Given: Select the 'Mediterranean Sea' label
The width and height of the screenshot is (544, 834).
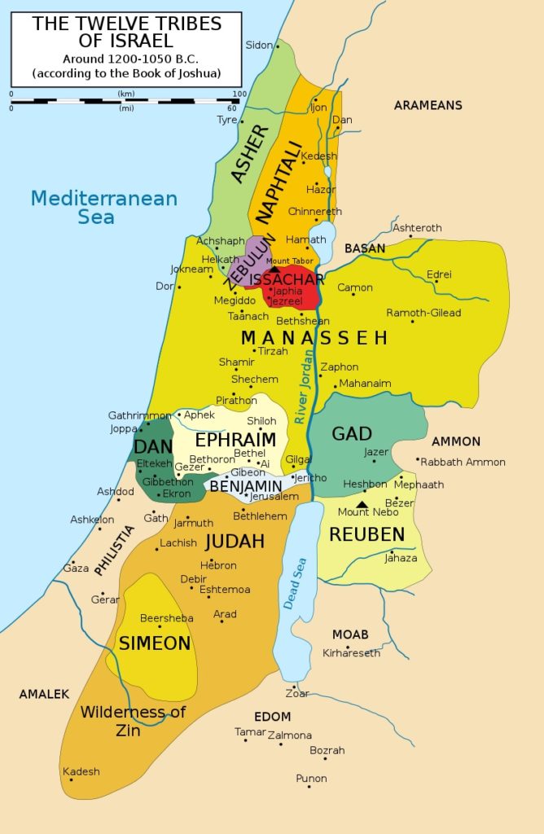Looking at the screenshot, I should pos(103,207).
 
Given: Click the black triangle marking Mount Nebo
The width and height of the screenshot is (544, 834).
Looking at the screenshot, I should pos(362,504).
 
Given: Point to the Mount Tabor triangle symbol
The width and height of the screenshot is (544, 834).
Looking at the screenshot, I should pos(274,269).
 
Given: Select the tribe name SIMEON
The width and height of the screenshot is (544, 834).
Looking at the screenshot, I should pos(155,643).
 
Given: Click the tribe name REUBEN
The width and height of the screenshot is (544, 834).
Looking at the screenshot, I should pos(366,534).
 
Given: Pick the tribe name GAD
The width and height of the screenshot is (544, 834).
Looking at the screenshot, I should pos(352,433).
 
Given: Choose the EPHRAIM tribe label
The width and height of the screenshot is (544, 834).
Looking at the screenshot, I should pos(235,440).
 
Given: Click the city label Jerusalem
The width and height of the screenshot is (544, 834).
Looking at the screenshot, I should pos(274,496).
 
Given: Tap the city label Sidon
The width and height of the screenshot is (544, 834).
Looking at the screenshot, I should pos(258,45).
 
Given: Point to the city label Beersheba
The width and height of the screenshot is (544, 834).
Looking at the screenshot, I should pos(167,618).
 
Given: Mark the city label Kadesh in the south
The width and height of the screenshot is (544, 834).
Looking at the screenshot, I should pos(81,771).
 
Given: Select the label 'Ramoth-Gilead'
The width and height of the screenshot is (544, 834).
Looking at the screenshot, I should pos(423,313).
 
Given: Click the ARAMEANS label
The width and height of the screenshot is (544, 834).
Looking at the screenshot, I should pos(428,105).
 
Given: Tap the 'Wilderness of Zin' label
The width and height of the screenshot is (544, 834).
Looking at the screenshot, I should pos(133,721).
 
